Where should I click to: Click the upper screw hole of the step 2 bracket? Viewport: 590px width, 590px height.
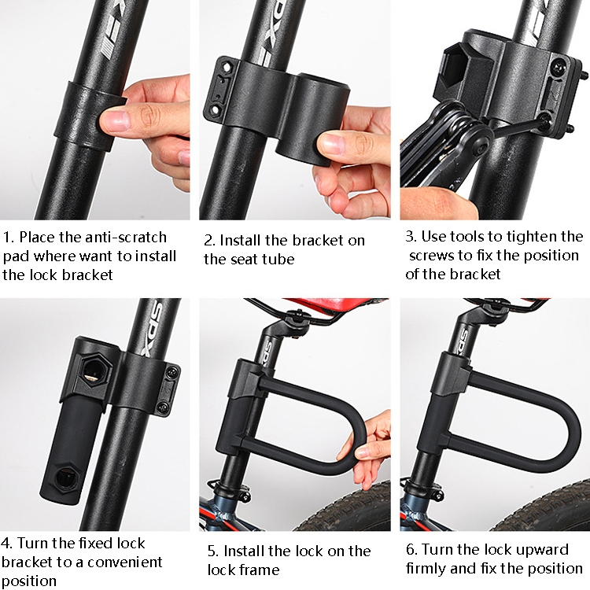pyautogui.click(x=227, y=68)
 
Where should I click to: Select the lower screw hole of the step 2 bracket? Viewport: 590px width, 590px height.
pyautogui.click(x=216, y=110)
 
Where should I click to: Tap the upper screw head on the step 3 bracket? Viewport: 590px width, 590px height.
pyautogui.click(x=559, y=68)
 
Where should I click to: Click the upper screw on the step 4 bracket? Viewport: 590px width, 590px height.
pyautogui.click(x=172, y=372)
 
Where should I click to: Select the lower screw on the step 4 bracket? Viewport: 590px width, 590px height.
pyautogui.click(x=164, y=407)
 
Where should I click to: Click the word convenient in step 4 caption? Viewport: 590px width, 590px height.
pyautogui.click(x=124, y=562)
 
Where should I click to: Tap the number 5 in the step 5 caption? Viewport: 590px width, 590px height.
pyautogui.click(x=212, y=551)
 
